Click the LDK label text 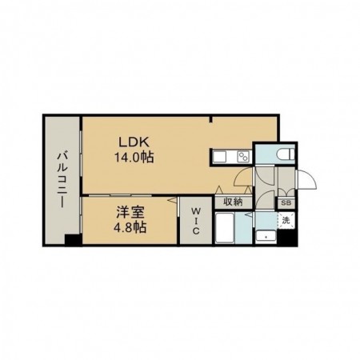coord(134,142)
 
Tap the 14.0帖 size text coord(134,158)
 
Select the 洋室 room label coord(130,213)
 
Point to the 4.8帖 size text coord(130,227)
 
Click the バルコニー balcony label coord(62,180)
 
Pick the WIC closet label coord(196,222)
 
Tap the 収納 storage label coord(233,202)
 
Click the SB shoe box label coord(286,203)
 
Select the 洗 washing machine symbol coord(286,221)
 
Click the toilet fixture coord(286,154)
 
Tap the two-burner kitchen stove coord(244,157)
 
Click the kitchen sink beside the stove coord(220,157)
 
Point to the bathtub coord(225,228)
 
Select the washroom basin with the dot coord(266,236)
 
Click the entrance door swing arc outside coord(306,180)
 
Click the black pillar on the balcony coord(72,239)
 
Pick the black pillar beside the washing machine coord(286,237)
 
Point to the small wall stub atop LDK coord(211,119)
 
